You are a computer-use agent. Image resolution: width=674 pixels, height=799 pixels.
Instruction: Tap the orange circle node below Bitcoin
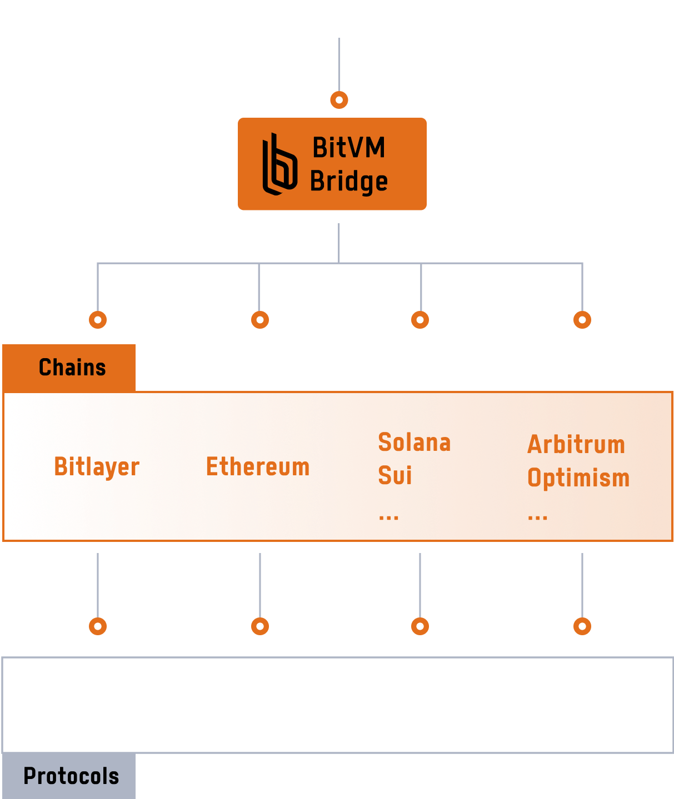click(339, 100)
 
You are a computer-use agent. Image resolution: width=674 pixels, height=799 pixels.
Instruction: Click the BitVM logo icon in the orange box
click(279, 165)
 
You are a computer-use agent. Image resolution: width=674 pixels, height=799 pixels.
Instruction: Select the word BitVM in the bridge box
click(348, 148)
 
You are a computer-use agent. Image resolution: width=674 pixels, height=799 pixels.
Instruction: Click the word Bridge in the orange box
click(348, 182)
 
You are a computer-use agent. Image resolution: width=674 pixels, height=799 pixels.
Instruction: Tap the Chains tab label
click(72, 368)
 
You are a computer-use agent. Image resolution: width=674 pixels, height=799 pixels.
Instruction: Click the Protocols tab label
click(71, 776)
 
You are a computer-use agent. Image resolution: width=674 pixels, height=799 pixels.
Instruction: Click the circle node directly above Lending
click(98, 626)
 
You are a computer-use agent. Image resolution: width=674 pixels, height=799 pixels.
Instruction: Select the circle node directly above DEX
click(260, 626)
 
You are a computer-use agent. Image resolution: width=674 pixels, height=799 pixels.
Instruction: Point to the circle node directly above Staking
click(420, 626)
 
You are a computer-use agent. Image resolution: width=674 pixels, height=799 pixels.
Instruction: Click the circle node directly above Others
click(582, 626)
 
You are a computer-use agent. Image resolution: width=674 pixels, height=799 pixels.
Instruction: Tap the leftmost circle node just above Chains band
click(98, 320)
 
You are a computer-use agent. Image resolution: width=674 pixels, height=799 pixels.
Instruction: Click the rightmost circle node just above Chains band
click(582, 320)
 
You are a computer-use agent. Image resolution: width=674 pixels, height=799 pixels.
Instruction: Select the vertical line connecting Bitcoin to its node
click(339, 64)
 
